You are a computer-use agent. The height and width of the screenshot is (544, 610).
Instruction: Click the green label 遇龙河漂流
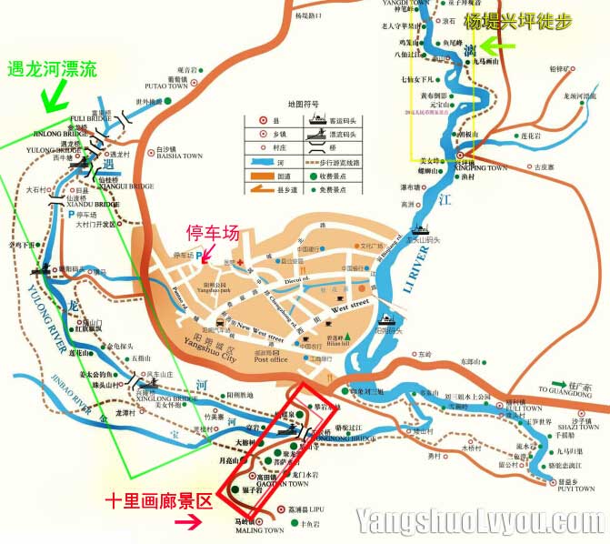tap(51, 68)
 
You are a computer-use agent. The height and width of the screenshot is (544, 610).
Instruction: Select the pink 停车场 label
tap(214, 233)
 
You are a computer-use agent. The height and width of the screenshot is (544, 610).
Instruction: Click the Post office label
tap(272, 359)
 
